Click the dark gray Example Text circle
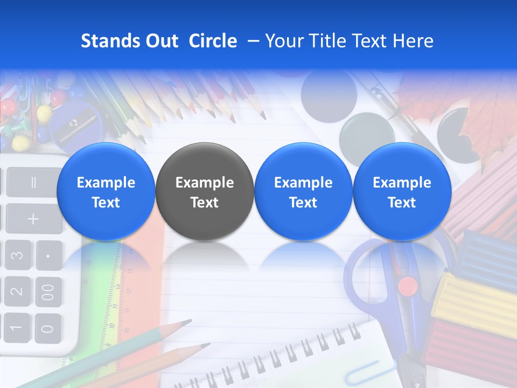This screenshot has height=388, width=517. point(204,192)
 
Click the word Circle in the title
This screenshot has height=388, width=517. point(213,41)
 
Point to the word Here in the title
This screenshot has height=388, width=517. point(414,41)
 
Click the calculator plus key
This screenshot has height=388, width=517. point(33,219)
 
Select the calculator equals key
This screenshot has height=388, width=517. point(33,182)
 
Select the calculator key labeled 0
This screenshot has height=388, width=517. point(48,328)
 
